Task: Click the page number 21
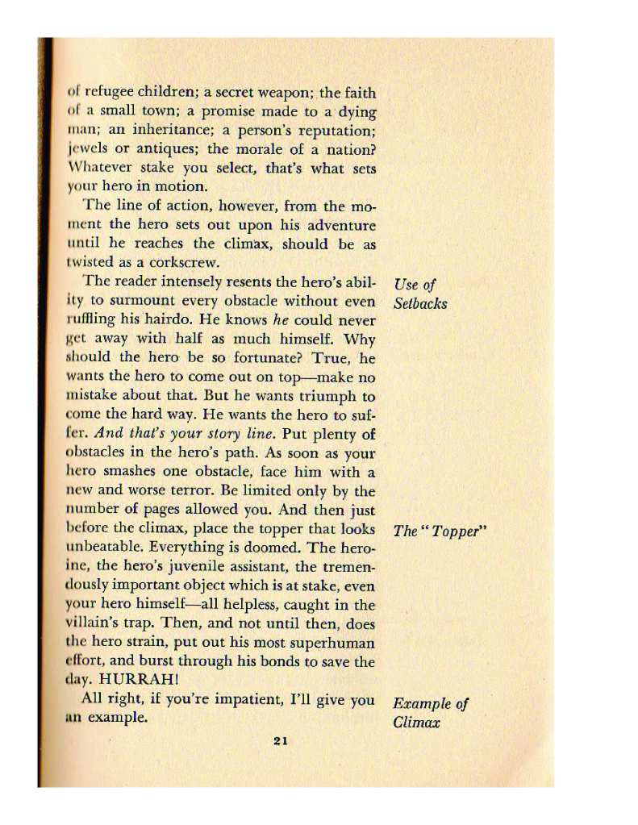(281, 742)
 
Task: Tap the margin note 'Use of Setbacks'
(419, 294)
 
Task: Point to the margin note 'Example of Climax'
(430, 713)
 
